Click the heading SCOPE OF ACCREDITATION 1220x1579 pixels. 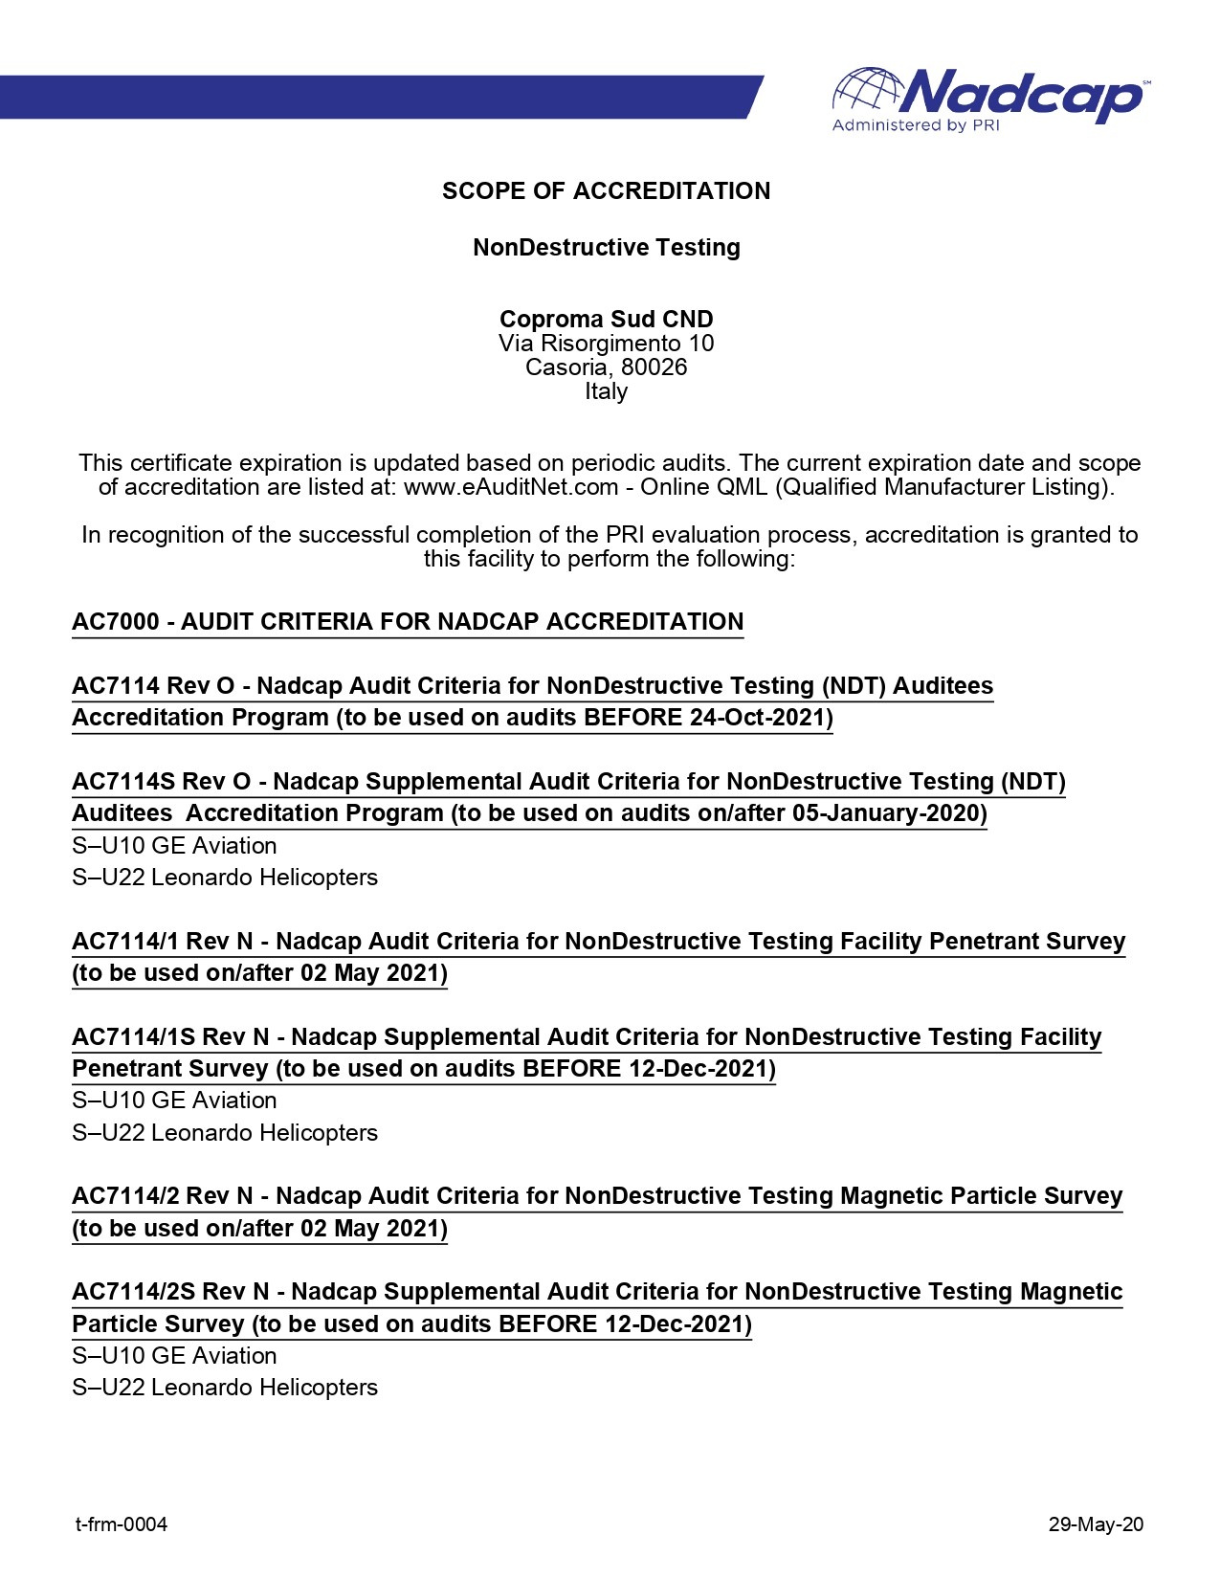click(x=606, y=191)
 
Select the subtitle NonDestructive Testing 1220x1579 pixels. click(x=606, y=248)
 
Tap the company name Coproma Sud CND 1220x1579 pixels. click(x=606, y=320)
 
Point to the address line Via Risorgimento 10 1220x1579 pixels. click(x=606, y=344)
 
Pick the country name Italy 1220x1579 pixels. click(x=606, y=391)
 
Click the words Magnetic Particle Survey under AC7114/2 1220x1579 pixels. click(x=981, y=1196)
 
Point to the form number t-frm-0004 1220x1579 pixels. click(x=122, y=1524)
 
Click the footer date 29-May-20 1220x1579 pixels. click(x=1096, y=1524)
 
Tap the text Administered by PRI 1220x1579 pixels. click(x=915, y=125)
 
